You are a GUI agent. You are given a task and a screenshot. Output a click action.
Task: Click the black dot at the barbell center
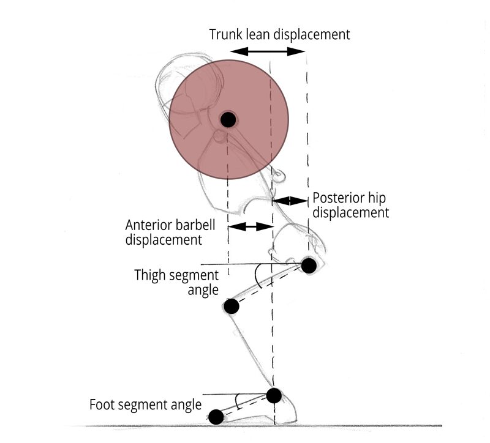228,119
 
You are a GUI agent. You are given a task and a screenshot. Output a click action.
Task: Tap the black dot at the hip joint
309,266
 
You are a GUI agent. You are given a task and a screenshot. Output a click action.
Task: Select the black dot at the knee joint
232,306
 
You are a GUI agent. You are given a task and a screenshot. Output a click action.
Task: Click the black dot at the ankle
274,395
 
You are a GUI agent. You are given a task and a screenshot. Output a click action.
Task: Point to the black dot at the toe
216,417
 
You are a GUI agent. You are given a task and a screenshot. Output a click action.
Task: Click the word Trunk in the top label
225,34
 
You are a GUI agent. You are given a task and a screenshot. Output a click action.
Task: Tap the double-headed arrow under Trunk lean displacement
268,51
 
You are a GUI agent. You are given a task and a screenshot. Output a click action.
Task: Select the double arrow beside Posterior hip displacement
290,201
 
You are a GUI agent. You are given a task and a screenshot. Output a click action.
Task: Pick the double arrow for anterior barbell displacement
251,226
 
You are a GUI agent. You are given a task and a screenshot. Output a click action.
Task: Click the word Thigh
149,275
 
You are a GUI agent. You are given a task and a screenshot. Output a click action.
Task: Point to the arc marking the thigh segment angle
257,277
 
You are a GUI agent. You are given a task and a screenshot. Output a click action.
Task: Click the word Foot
102,404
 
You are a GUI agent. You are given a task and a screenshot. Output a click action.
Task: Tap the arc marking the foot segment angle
238,401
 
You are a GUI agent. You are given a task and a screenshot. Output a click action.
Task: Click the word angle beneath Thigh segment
203,291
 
